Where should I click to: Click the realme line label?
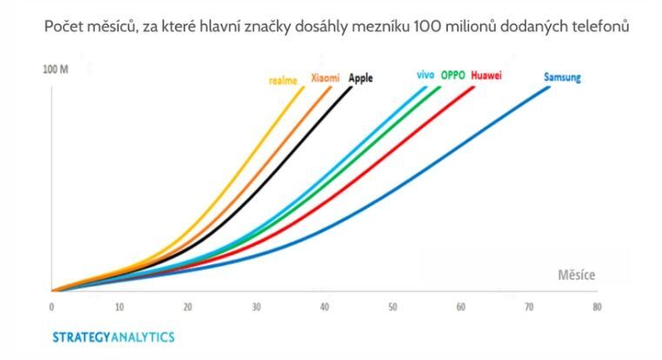point(282,80)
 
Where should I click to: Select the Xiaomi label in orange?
point(325,77)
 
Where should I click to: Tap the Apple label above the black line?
point(360,77)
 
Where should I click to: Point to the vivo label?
point(425,76)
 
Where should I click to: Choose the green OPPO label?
point(453,76)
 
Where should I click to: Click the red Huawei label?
point(486,76)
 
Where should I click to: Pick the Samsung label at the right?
point(562,77)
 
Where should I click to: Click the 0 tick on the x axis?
point(51,307)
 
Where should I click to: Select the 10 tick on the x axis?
point(119,307)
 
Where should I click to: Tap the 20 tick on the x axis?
point(187,307)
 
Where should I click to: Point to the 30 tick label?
point(256,307)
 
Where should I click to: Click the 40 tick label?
point(324,307)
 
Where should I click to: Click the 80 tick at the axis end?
point(596,307)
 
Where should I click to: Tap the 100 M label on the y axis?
point(56,68)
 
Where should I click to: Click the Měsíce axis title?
point(578,276)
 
